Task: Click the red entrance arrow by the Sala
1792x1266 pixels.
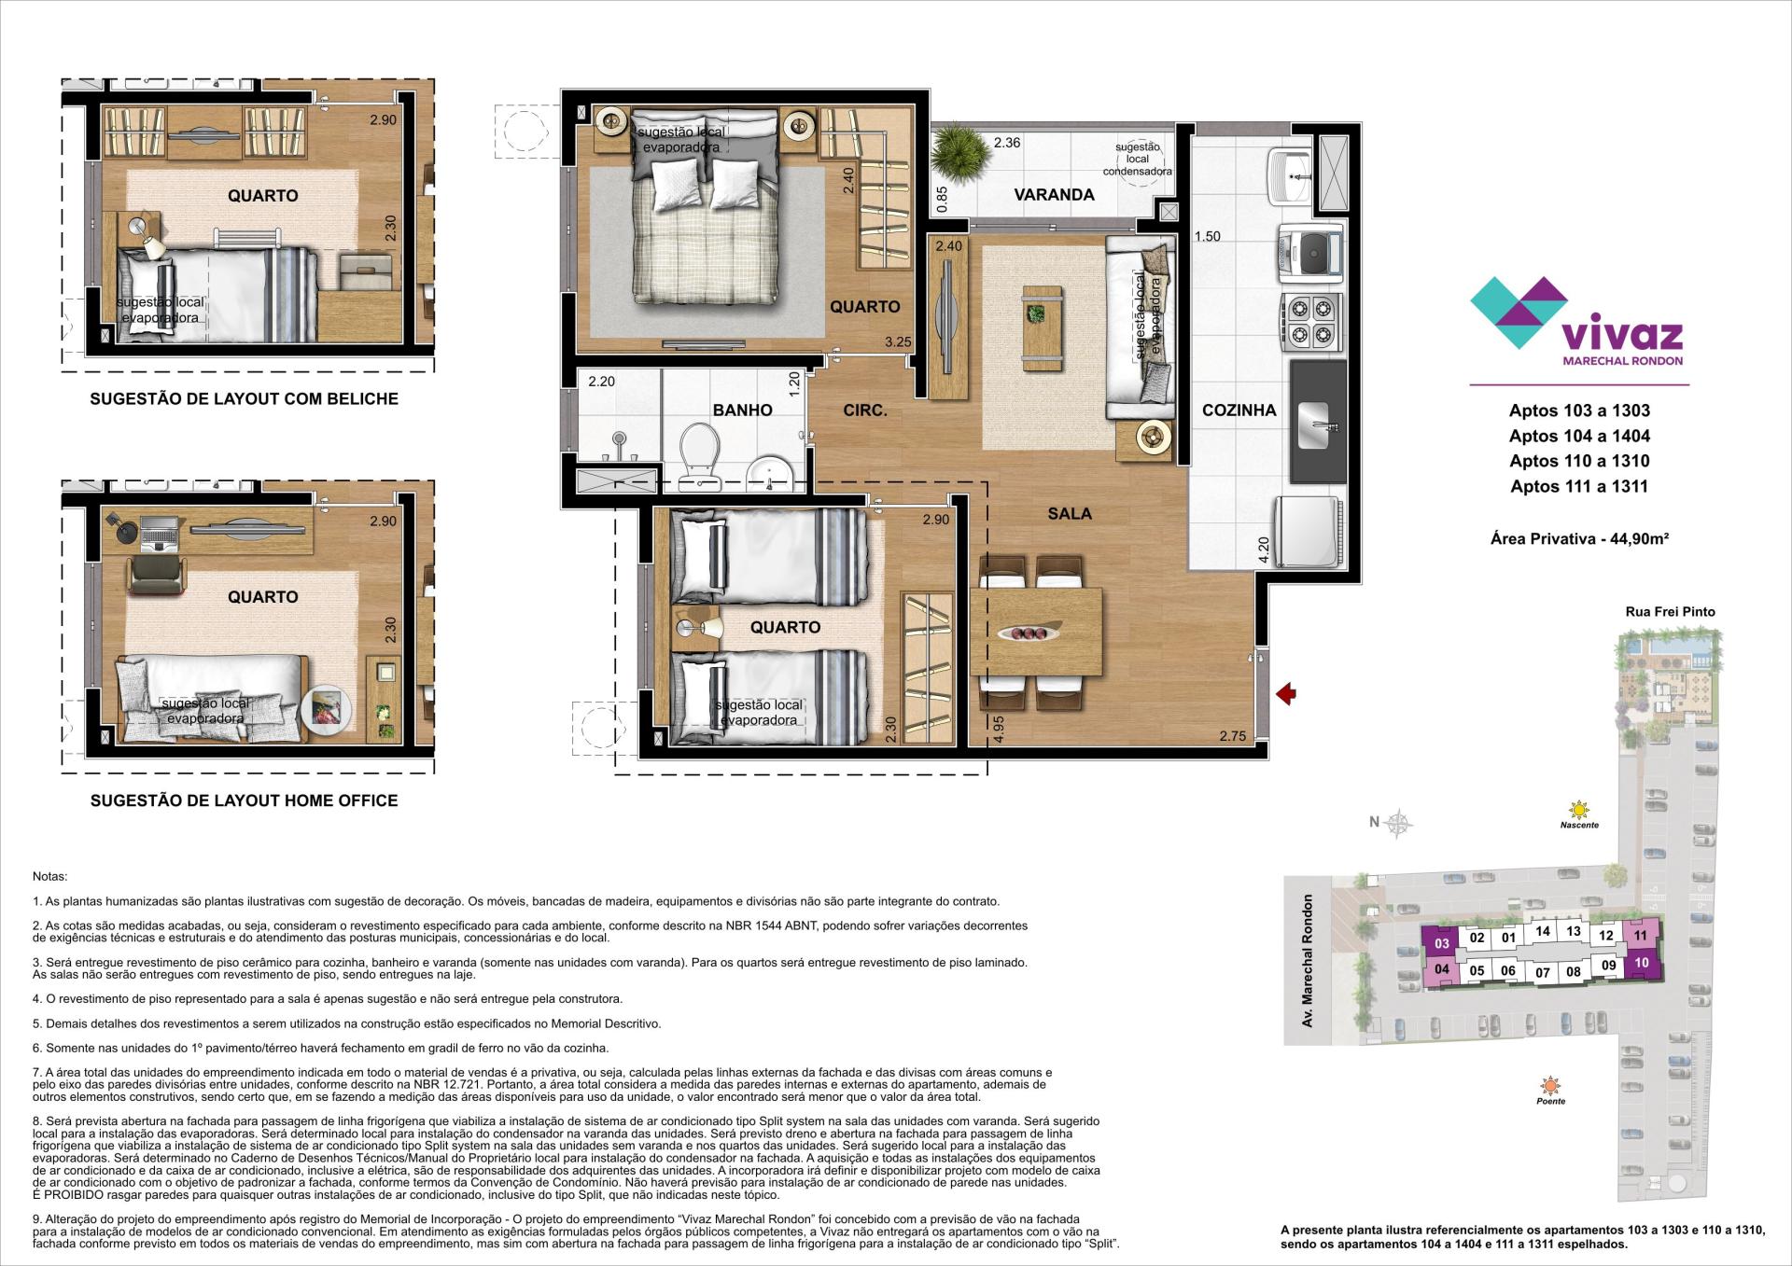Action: (x=1287, y=693)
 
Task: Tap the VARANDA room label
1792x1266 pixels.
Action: (x=1054, y=195)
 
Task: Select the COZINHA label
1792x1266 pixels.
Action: (x=1239, y=410)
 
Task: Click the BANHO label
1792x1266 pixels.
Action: (x=742, y=410)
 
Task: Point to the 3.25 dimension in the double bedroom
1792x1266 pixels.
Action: (x=897, y=342)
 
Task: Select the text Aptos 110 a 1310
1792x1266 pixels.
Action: (x=1579, y=461)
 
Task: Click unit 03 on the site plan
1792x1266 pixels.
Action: (x=1441, y=944)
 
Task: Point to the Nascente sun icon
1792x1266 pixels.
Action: (x=1578, y=809)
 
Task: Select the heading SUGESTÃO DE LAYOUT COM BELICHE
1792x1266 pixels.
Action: (x=244, y=399)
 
